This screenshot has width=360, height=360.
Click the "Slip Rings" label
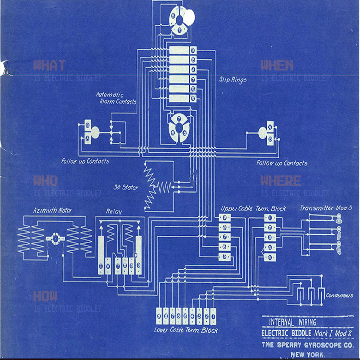click(x=233, y=80)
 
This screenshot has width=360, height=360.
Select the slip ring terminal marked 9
click(x=193, y=50)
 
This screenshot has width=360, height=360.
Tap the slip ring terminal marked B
click(x=193, y=60)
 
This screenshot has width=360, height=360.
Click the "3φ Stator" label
click(x=126, y=188)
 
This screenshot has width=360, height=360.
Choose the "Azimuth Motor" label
click(x=52, y=210)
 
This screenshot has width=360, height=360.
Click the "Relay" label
click(x=114, y=211)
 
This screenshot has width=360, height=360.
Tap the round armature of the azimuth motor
click(x=55, y=238)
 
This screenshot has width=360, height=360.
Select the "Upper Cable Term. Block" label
click(x=253, y=209)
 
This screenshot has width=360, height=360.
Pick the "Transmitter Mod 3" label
click(x=326, y=208)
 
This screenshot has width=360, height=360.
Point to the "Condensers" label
click(x=340, y=295)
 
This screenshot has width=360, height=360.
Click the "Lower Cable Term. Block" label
click(x=186, y=330)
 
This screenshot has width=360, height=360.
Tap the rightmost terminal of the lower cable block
click(x=213, y=316)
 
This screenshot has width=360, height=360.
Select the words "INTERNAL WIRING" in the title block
click(x=292, y=322)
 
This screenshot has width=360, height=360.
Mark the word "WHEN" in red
click(x=277, y=65)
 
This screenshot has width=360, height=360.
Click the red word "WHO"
click(x=45, y=181)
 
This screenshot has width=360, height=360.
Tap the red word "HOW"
click(x=45, y=296)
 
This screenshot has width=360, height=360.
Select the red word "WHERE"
click(x=280, y=181)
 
